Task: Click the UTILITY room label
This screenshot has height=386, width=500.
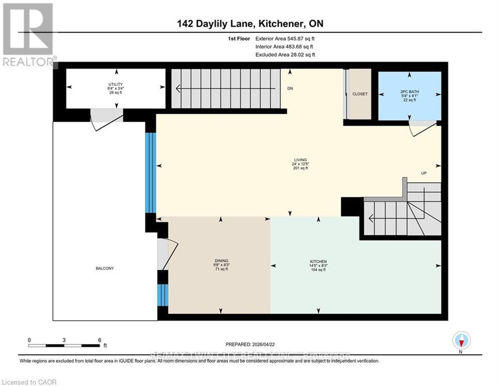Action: [x=115, y=84]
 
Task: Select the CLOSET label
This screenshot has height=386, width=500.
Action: [x=360, y=94]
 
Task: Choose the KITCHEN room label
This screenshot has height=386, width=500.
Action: [x=318, y=261]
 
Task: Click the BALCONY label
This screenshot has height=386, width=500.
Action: [x=105, y=268]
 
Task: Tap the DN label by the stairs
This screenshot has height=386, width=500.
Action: [x=290, y=88]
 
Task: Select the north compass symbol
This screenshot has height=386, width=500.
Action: [x=460, y=340]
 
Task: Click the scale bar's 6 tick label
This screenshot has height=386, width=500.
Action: [x=99, y=340]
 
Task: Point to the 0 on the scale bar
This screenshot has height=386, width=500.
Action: [x=29, y=340]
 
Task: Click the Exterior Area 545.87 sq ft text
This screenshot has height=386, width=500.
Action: [x=285, y=39]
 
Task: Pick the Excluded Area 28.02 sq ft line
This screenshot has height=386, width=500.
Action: [x=285, y=55]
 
